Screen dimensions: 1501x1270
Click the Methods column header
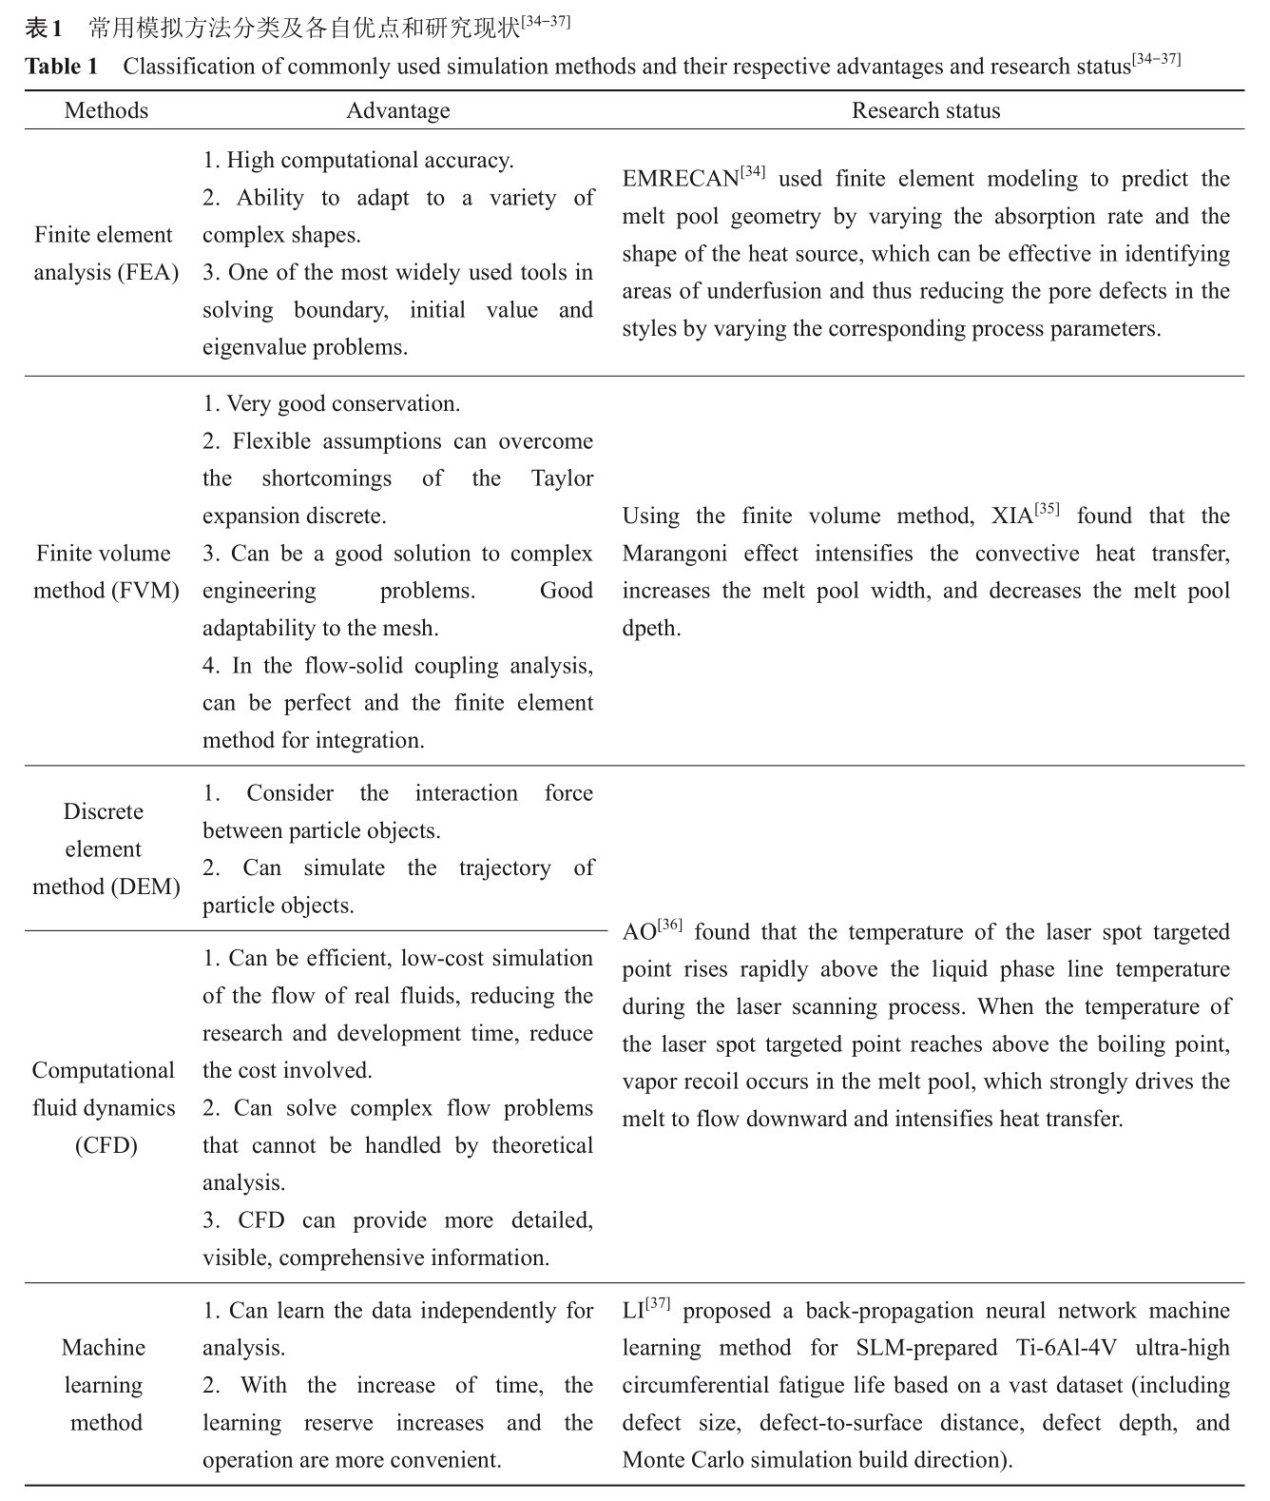coord(106,110)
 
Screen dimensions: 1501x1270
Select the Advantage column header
coord(397,110)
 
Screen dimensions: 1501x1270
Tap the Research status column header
coord(926,110)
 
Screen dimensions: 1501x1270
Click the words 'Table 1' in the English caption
coord(61,67)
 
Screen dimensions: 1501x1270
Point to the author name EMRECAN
coord(681,180)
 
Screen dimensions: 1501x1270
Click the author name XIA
coord(1011,517)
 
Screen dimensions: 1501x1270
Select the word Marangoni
coord(676,554)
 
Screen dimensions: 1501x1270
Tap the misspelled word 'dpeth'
coord(651,629)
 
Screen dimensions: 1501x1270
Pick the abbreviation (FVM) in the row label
coord(144,591)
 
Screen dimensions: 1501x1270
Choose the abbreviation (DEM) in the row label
coord(144,887)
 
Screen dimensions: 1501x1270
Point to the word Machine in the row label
coord(104,1348)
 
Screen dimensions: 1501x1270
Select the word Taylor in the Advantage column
coord(562,478)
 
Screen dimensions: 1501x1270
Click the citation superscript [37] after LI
coord(658,1304)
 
